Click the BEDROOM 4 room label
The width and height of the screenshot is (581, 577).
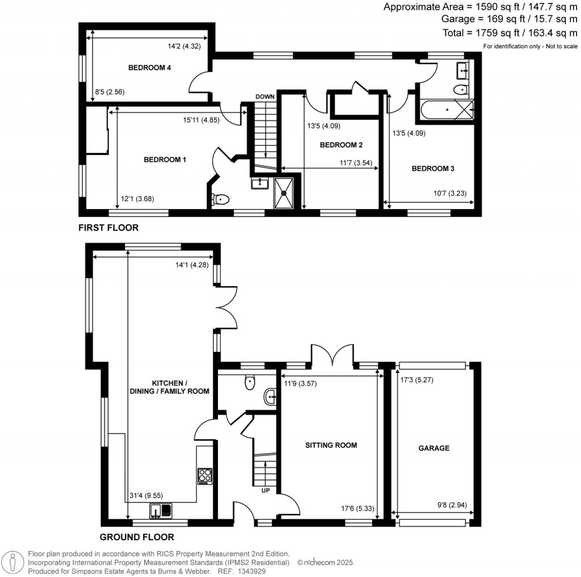click(x=150, y=68)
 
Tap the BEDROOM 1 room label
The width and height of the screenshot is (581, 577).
click(x=165, y=160)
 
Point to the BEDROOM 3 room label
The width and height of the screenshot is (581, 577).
click(x=433, y=169)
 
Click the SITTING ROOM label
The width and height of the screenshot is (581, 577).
click(x=330, y=446)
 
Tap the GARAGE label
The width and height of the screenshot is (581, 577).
click(x=434, y=448)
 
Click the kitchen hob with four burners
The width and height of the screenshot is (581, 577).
click(x=205, y=476)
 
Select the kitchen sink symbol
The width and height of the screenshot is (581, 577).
click(x=161, y=511)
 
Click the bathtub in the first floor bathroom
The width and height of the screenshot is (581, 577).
click(x=446, y=109)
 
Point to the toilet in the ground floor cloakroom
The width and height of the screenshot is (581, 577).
click(x=249, y=383)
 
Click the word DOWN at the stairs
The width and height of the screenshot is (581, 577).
click(x=264, y=97)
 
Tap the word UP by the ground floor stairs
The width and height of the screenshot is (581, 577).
click(x=265, y=491)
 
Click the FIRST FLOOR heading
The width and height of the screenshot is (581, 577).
click(x=108, y=228)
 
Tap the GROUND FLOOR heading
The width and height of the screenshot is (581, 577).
click(x=137, y=537)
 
